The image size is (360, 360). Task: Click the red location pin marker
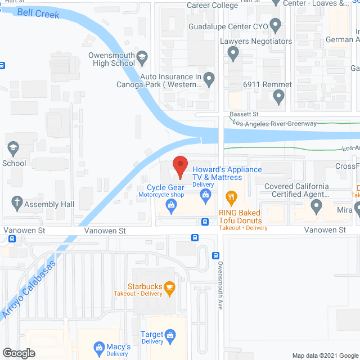click(x=179, y=165)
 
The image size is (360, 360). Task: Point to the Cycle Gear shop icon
click(x=170, y=207)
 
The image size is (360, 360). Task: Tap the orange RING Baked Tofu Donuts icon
click(x=230, y=197)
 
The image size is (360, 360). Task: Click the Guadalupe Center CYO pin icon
click(x=275, y=25)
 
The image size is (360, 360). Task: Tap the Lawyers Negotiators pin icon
click(x=233, y=53)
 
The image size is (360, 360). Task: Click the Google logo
click(x=18, y=353)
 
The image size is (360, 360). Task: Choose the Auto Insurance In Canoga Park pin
click(x=209, y=79)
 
